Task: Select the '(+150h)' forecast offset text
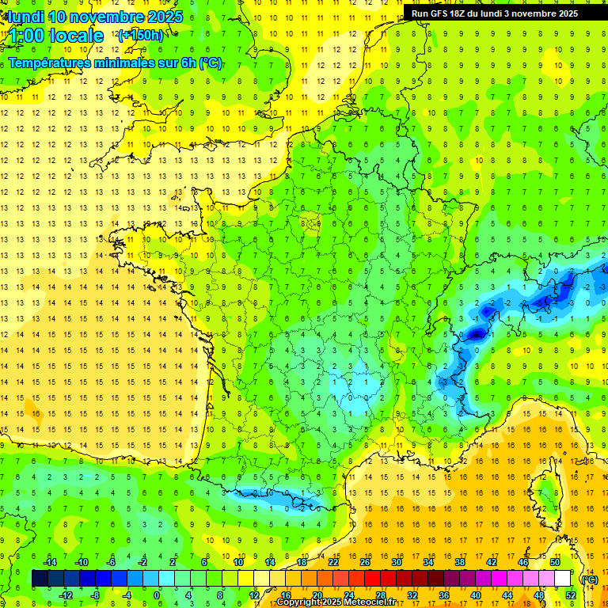click(140, 35)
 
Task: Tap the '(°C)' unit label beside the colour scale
click(588, 579)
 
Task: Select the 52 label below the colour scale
click(571, 595)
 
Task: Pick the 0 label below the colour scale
click(158, 595)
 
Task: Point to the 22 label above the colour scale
click(333, 562)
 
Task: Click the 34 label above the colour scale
click(428, 562)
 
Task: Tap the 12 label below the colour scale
click(253, 595)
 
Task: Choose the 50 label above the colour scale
click(554, 562)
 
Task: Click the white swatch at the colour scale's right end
click(562, 579)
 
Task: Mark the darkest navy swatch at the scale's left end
click(40, 579)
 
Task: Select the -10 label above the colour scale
click(81, 562)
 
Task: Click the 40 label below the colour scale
click(476, 595)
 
